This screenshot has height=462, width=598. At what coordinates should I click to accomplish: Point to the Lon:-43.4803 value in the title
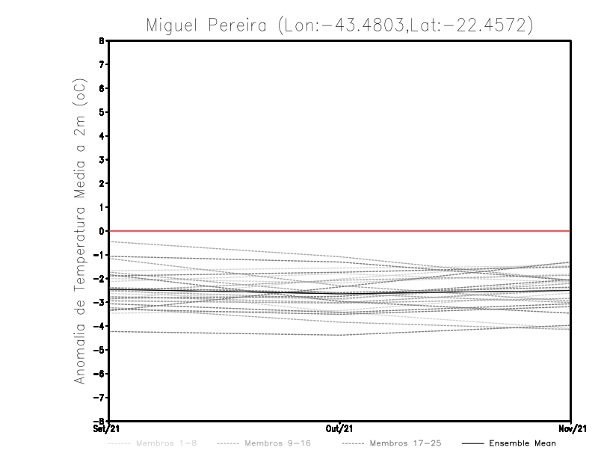point(340,25)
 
